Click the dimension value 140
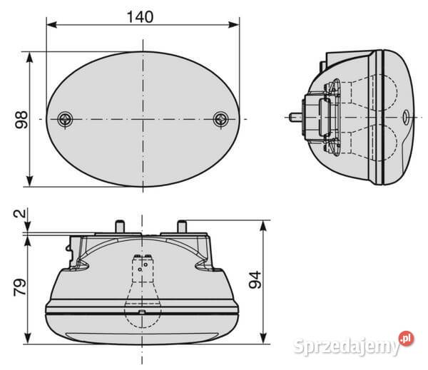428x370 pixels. tap(141, 17)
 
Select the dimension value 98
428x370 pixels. tap(21, 119)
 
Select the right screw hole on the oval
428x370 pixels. tap(222, 118)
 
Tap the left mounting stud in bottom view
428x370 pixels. tap(119, 226)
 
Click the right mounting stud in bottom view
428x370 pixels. tap(182, 226)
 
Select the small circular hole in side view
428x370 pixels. tap(405, 117)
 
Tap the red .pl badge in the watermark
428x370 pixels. tap(406, 339)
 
